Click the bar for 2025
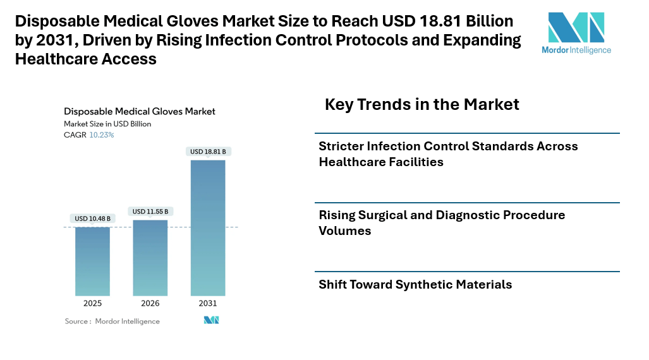[x=92, y=261]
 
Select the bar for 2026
[x=150, y=258]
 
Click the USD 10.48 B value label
[x=92, y=219]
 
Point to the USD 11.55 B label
[x=150, y=212]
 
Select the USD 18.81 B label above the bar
[x=208, y=152]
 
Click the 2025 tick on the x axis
[x=92, y=304]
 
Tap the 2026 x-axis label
[x=150, y=304]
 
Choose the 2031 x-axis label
[x=208, y=304]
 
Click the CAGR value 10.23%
[x=102, y=135]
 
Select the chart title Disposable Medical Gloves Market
[x=140, y=111]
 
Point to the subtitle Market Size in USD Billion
[x=107, y=124]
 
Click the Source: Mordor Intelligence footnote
[x=112, y=321]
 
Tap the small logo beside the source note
[x=211, y=320]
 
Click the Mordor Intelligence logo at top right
[x=576, y=33]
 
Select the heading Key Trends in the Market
[x=422, y=104]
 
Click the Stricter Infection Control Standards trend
[x=448, y=154]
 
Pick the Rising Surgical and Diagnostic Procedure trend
[x=442, y=223]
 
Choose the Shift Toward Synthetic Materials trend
[x=415, y=285]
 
